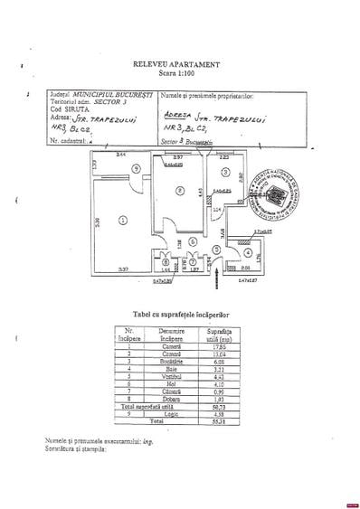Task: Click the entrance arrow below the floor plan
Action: [x=215, y=283]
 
